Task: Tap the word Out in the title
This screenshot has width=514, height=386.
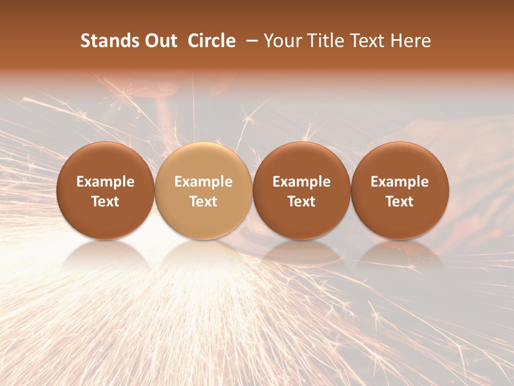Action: (160, 41)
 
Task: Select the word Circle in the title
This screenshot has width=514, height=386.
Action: (211, 41)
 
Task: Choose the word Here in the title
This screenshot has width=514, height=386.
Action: (411, 41)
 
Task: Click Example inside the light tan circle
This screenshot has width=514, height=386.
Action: (203, 182)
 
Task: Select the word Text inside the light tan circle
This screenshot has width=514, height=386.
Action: (203, 202)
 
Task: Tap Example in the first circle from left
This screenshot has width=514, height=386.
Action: (105, 182)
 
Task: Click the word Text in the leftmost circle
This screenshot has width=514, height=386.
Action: (105, 202)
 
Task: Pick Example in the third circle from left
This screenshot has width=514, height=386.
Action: (301, 182)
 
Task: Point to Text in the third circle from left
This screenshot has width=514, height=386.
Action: (301, 202)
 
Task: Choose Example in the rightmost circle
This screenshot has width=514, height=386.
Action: (400, 182)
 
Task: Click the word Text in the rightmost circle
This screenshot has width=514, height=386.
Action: (400, 202)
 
